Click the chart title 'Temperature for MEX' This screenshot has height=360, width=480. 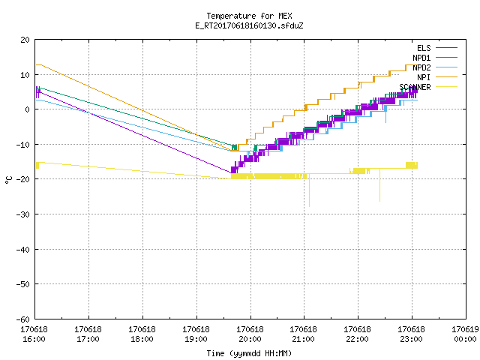[249, 16]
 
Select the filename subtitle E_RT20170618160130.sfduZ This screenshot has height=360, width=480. [249, 25]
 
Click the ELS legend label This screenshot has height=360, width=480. [424, 48]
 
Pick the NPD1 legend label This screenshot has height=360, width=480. [421, 58]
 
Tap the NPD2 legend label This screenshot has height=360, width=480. [421, 67]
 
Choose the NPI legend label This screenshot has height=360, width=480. [424, 77]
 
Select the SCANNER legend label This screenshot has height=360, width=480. [415, 87]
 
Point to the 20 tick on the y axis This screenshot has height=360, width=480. [25, 40]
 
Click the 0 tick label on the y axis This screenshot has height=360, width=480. [28, 109]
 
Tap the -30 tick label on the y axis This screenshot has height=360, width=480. [23, 214]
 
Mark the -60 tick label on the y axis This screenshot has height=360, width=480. [23, 319]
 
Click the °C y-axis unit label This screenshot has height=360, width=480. [8, 180]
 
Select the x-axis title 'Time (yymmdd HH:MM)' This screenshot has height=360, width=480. [249, 353]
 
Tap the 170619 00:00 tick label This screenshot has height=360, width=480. [465, 334]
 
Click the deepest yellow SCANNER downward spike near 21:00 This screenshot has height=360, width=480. [309, 207]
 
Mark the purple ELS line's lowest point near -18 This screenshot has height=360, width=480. [232, 173]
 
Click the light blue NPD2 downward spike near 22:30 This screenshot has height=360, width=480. [385, 122]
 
